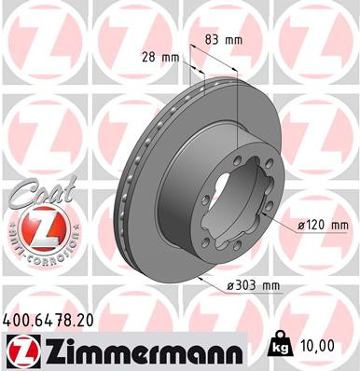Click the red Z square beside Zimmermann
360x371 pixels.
pyautogui.click(x=18, y=350)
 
